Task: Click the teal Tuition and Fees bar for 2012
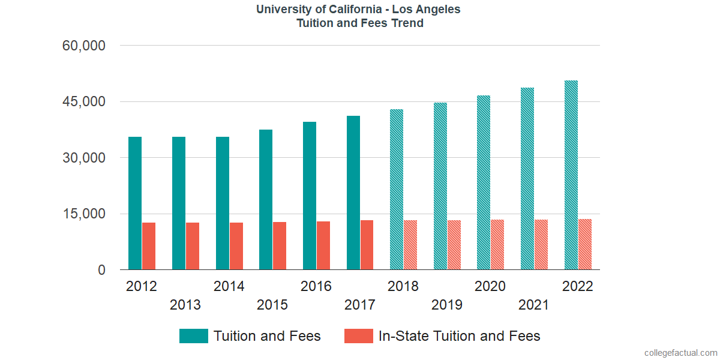point(135,203)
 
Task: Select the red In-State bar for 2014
point(236,246)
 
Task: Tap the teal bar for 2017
point(353,193)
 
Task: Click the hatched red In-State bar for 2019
point(454,245)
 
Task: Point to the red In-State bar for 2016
point(323,245)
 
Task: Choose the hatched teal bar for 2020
point(484,182)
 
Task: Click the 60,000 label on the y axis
point(84,46)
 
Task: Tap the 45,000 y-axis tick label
point(84,101)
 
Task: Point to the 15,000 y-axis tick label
point(84,214)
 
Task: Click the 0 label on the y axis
point(101,270)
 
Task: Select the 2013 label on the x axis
point(185,305)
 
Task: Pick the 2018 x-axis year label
point(403,286)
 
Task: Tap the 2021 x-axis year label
point(534,305)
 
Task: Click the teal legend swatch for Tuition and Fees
point(193,336)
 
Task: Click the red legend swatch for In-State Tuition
point(358,336)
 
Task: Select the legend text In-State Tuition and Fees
point(459,336)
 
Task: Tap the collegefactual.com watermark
point(680,352)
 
